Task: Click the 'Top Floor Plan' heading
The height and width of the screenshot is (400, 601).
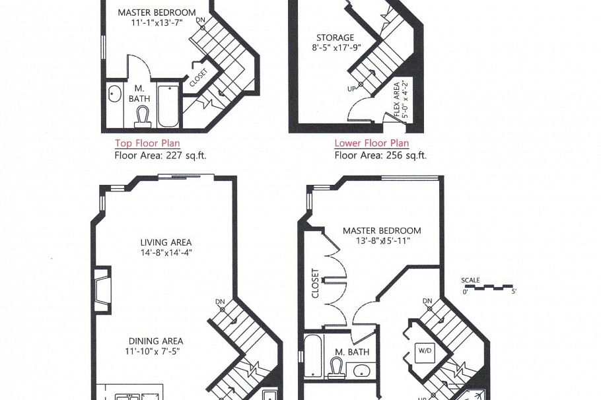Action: coord(147,143)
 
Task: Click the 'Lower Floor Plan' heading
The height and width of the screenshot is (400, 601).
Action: coord(371,143)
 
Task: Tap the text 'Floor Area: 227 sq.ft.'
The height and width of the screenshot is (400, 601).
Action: coord(157,156)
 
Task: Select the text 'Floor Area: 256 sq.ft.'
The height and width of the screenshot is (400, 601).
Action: coord(380,156)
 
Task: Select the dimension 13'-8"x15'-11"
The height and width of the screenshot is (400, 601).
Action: coord(381,241)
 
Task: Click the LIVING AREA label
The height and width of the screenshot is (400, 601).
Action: coord(166,242)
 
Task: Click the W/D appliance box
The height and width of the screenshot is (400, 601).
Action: coord(423,349)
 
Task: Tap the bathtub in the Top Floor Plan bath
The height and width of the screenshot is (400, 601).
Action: coord(168,106)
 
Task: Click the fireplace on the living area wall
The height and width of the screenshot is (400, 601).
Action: coord(100,289)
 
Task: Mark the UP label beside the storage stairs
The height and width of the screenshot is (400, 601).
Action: coord(351,87)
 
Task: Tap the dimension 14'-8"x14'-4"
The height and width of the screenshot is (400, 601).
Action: coord(166,253)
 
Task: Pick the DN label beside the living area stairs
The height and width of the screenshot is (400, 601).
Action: coord(220,302)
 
